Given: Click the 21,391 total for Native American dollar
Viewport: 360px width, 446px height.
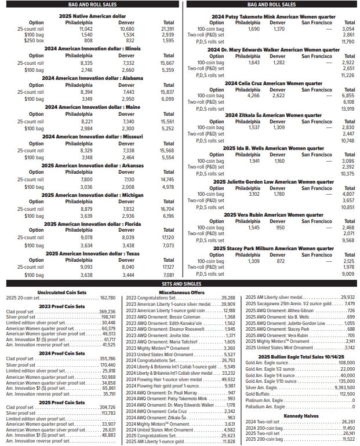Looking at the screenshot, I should pyautogui.click(x=168, y=28).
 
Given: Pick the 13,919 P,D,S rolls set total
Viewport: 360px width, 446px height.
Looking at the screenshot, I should pyautogui.click(x=348, y=109).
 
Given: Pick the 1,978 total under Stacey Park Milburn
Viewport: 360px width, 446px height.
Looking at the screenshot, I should pyautogui.click(x=348, y=267).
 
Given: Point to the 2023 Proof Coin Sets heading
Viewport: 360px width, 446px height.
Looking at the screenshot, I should pyautogui.click(x=59, y=305).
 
